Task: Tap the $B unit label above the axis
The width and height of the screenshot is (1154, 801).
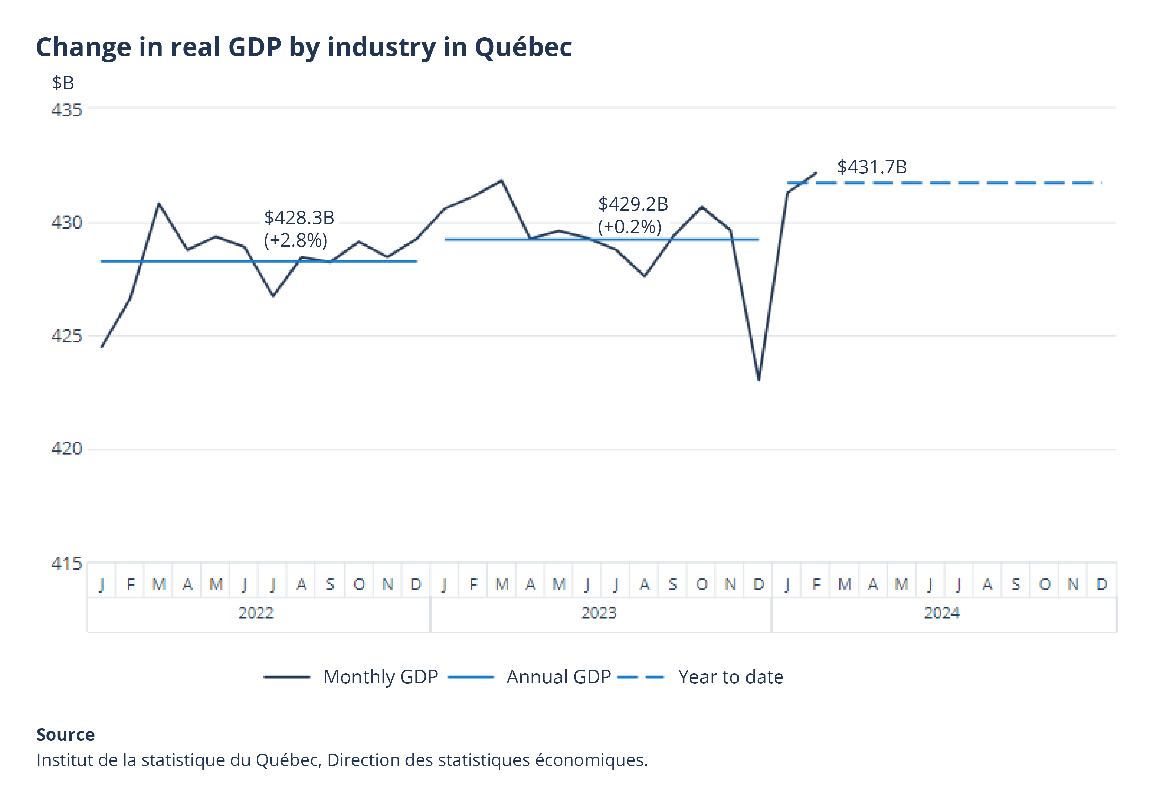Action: (x=63, y=83)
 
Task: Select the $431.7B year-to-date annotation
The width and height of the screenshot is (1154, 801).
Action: (x=871, y=167)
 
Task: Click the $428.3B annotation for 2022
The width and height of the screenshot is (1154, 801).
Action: (x=299, y=218)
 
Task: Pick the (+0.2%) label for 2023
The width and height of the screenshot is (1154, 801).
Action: (x=629, y=227)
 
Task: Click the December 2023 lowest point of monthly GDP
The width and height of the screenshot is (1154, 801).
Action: (x=758, y=380)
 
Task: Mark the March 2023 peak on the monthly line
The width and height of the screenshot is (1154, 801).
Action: (x=501, y=180)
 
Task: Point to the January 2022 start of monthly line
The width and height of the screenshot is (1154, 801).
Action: (x=102, y=347)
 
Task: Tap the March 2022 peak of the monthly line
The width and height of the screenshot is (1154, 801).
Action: (x=159, y=204)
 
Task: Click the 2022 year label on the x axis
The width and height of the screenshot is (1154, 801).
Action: (x=256, y=613)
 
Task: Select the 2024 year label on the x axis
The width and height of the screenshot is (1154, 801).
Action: (x=941, y=613)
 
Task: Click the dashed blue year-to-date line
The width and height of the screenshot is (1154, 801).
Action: (x=953, y=183)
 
